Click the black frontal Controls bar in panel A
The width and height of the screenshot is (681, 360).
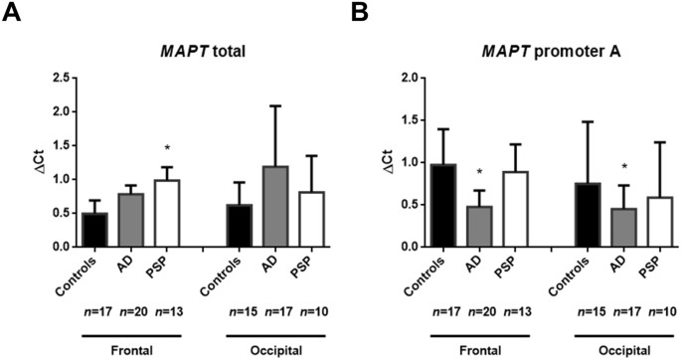click(x=95, y=230)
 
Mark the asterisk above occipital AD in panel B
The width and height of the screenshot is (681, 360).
click(x=624, y=167)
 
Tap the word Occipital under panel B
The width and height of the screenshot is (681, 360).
click(x=623, y=350)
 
